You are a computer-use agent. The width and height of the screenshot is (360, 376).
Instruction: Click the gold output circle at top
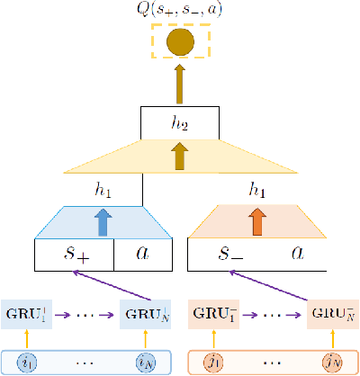coord(181,42)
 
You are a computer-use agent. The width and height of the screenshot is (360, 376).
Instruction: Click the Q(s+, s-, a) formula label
coord(180,10)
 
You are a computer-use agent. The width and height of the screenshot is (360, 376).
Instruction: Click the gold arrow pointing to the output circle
coord(181,84)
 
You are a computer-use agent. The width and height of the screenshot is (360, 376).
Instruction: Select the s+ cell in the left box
coord(75,255)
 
